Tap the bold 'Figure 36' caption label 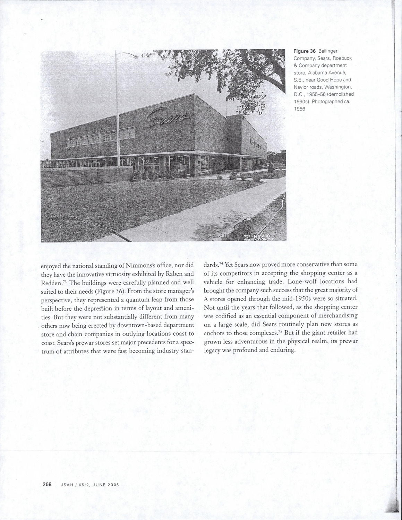[x=305, y=51]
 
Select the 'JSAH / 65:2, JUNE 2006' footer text [x=90, y=485]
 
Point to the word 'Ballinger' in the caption [x=328, y=51]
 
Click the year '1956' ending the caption [x=300, y=109]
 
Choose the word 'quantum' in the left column [x=131, y=300]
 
